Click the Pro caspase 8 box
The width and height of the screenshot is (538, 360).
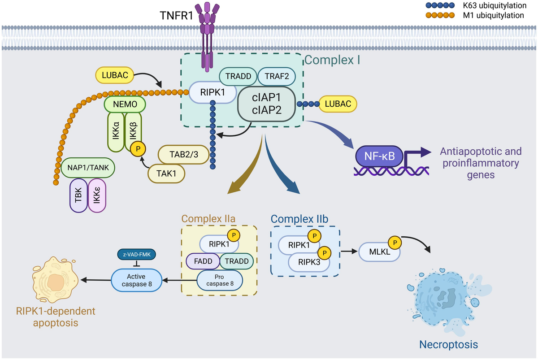click(219, 281)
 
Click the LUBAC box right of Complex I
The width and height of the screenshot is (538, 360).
click(338, 104)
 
